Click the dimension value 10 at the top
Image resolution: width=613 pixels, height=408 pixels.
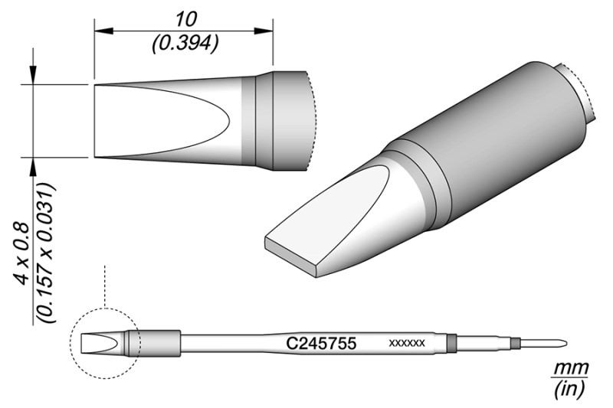(x=185, y=20)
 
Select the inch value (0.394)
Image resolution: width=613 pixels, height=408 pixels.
(x=185, y=44)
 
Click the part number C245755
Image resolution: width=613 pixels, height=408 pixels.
(x=321, y=344)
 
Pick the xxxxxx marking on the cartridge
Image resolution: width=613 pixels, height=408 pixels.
(x=407, y=343)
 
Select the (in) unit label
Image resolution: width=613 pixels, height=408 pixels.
(x=569, y=389)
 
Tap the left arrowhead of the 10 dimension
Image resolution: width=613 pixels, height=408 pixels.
(x=103, y=31)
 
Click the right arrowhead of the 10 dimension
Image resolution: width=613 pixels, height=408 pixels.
(x=264, y=31)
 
